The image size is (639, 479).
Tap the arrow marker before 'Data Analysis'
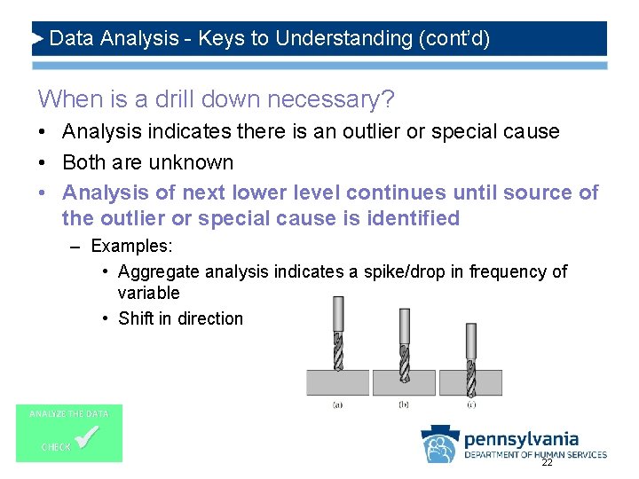[38, 39]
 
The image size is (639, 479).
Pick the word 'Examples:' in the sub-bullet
[132, 246]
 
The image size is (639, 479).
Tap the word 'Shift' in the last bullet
[137, 318]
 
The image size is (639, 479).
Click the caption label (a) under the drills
[337, 404]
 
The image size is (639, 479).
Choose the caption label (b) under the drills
[404, 404]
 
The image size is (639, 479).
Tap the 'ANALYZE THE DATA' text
[69, 414]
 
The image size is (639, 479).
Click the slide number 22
[547, 462]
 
